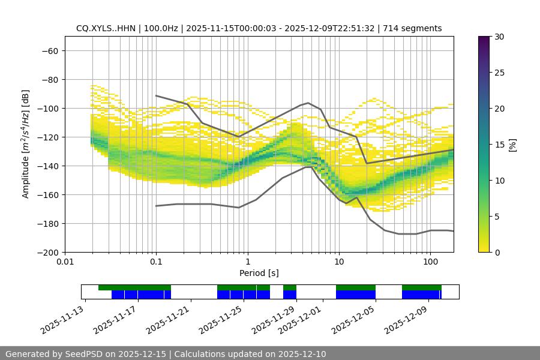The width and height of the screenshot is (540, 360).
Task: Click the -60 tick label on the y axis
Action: [x=49, y=50]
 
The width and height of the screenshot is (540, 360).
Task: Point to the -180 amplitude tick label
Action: [x=47, y=223]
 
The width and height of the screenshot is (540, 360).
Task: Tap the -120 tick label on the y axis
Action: [x=47, y=137]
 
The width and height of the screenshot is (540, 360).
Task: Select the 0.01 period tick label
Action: [x=65, y=262]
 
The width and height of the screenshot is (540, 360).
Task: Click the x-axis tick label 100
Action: [x=430, y=262]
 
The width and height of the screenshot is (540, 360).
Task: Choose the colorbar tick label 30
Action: [x=499, y=37]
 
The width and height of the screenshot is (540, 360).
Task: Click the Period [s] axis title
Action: [x=259, y=273]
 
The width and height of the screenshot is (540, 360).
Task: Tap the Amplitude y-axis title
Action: [x=25, y=144]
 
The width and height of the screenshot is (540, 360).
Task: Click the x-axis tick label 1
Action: [x=247, y=262]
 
